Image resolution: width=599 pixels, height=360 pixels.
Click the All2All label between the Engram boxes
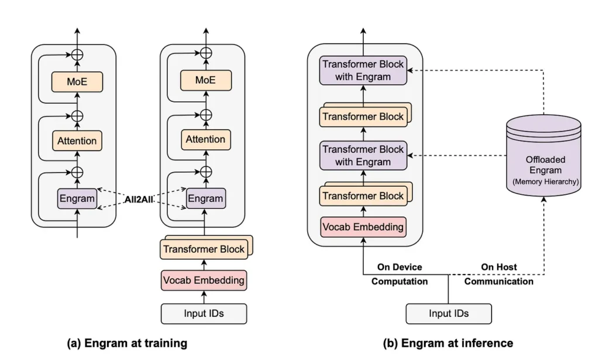[x=139, y=199]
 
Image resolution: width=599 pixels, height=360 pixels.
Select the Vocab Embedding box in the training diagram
[x=204, y=280]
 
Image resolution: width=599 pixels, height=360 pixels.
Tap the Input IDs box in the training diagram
[x=204, y=314]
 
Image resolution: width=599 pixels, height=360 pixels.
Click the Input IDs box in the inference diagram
[x=449, y=314]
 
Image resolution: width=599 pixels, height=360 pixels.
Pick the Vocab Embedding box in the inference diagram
[x=363, y=227]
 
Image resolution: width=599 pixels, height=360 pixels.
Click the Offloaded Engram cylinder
[x=543, y=155]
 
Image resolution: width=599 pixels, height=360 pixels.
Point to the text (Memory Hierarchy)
[x=546, y=182]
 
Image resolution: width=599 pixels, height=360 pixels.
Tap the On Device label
[x=400, y=267]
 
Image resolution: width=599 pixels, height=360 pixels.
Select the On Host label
[x=499, y=267]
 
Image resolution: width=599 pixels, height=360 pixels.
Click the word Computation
[x=400, y=282]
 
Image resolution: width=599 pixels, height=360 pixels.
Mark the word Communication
[x=499, y=282]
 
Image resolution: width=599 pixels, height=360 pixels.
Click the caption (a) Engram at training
[x=127, y=343]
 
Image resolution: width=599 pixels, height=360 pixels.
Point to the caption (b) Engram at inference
[x=447, y=343]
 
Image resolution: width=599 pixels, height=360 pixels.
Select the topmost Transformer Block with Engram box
[x=363, y=70]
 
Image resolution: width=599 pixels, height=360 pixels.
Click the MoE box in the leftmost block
[x=77, y=82]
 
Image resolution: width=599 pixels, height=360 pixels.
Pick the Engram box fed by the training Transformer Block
[x=206, y=198]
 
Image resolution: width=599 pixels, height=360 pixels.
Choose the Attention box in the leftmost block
[x=77, y=140]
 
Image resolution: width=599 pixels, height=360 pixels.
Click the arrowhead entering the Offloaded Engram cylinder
[x=543, y=200]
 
